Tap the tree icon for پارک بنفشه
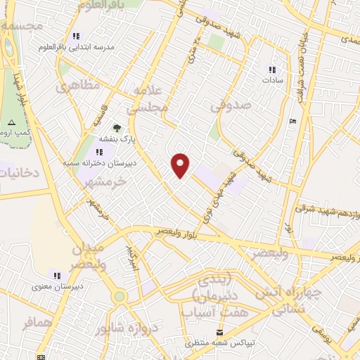[x=117, y=128]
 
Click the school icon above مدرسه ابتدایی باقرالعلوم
[x=76, y=37]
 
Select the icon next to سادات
[x=271, y=70]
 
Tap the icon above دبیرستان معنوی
[x=57, y=275]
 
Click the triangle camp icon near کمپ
[x=10, y=123]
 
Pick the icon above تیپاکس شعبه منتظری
[x=221, y=332]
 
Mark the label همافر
[x=37, y=323]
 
